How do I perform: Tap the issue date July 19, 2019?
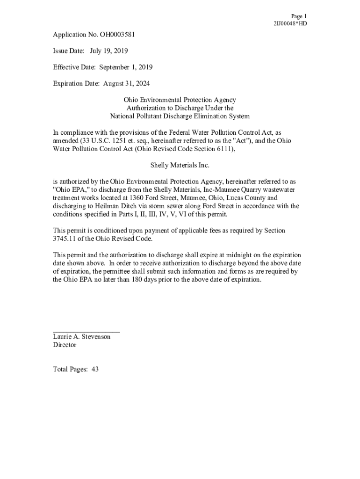pos(109,51)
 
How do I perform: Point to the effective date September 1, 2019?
pos(126,67)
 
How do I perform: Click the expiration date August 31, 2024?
pos(126,83)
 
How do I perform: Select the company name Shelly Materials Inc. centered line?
pos(180,165)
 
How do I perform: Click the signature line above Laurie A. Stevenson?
pos(86,331)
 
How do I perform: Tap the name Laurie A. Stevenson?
pos(82,337)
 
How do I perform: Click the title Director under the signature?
pos(65,345)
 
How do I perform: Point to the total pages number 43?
pos(95,370)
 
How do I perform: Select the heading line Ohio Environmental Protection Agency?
pos(180,100)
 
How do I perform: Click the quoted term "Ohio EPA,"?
pos(72,189)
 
